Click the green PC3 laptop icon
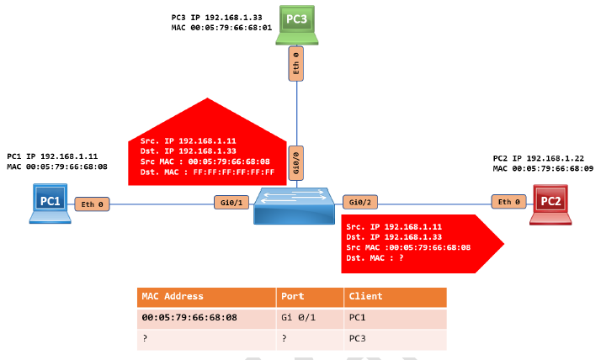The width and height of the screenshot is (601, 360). coord(296,25)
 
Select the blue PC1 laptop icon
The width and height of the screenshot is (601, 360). coord(50,203)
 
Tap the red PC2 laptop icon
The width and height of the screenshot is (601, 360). coord(550,203)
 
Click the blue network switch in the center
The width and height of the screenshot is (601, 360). coord(295,205)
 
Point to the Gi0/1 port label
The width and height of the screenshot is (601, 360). coord(231,203)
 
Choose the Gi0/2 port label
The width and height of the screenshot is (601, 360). coord(359,203)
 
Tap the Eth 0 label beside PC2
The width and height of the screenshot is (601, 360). coord(509,202)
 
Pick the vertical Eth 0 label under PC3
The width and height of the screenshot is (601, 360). coord(296,65)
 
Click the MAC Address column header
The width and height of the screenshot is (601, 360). coord(173,296)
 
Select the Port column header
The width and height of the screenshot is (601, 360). coord(291,296)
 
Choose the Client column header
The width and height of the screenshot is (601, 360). coord(365,296)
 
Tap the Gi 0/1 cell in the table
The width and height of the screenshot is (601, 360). coord(300,318)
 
